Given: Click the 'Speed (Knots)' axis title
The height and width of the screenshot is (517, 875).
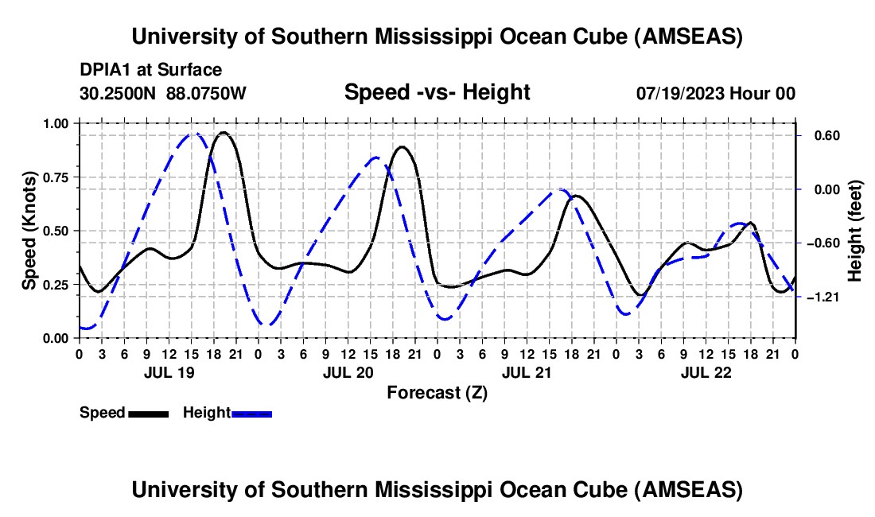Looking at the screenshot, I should coord(29,231).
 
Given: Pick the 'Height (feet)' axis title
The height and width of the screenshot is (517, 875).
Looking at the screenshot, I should coord(855,231).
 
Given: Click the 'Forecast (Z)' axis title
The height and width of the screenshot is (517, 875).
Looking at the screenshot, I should coord(437,392).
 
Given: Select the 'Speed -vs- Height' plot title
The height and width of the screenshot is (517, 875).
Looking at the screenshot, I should coord(437,92).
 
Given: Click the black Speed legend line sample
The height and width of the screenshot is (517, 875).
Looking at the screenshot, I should coord(148,414).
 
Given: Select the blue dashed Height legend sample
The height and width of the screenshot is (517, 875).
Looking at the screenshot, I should coord(251,414).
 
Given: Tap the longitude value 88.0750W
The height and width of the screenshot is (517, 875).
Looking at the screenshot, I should coord(207,93).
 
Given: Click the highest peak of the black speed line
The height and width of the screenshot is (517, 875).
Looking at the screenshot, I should coord(224,133).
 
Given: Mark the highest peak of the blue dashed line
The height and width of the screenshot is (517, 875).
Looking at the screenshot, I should coord(193,134).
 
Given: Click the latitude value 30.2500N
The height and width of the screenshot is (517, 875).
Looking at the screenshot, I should coord(119,93).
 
